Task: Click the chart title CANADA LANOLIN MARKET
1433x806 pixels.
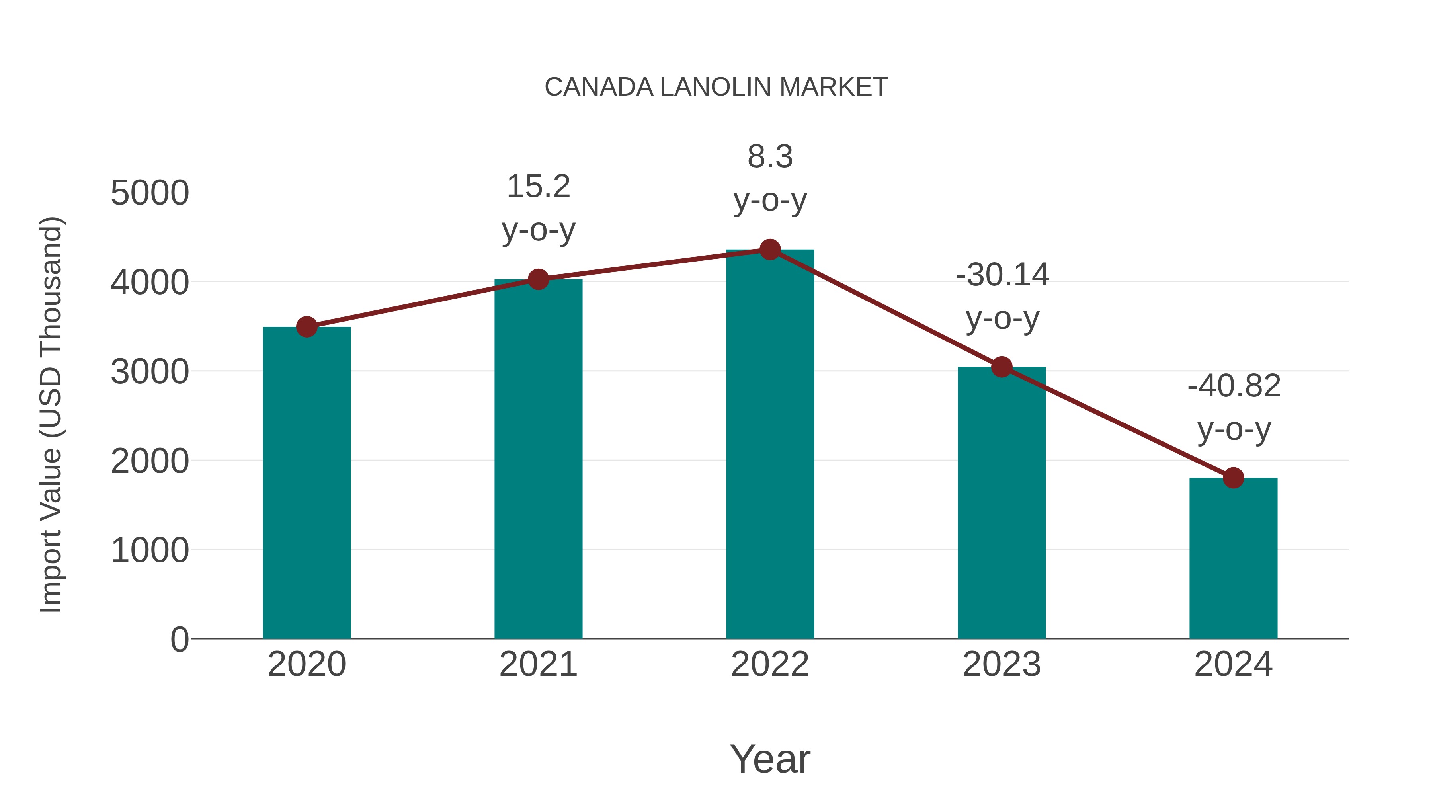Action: pyautogui.click(x=716, y=87)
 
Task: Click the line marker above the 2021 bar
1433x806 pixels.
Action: pyautogui.click(x=539, y=279)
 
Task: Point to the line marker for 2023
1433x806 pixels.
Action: pyautogui.click(x=1002, y=367)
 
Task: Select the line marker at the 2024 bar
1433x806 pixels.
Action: pyautogui.click(x=1233, y=477)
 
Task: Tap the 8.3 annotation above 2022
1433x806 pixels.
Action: pyautogui.click(x=770, y=156)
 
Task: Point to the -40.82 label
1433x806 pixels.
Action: pyautogui.click(x=1234, y=386)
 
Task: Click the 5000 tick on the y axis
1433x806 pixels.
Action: pyautogui.click(x=150, y=193)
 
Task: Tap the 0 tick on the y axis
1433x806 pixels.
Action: pyautogui.click(x=179, y=639)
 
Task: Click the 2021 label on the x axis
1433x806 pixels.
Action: pyautogui.click(x=539, y=664)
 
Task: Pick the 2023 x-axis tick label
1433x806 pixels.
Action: pyautogui.click(x=1002, y=664)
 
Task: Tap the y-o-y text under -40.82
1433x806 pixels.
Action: pyautogui.click(x=1234, y=429)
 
